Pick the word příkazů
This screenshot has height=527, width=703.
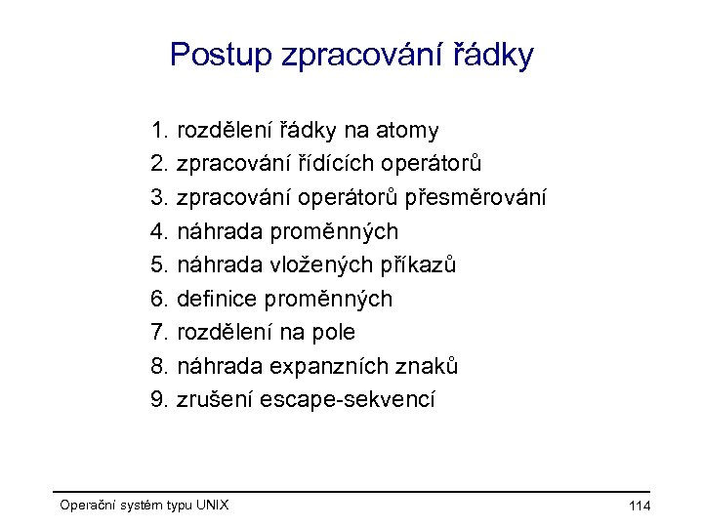click(x=425, y=265)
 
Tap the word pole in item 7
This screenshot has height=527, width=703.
click(x=333, y=333)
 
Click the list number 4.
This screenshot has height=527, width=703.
click(x=160, y=231)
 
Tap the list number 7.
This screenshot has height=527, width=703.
click(x=160, y=333)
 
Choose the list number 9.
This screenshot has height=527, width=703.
click(x=160, y=400)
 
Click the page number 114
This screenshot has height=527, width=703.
click(x=641, y=506)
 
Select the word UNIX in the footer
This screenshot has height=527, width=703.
click(x=212, y=506)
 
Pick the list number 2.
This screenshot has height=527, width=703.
click(x=160, y=164)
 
